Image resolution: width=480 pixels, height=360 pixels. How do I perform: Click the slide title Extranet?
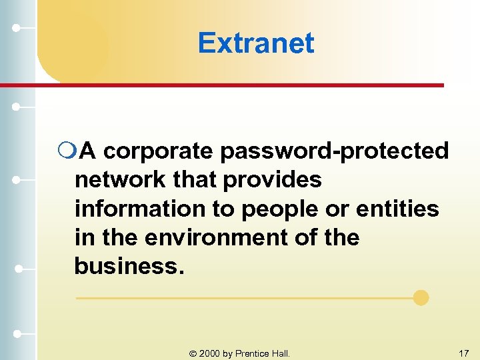[255, 43]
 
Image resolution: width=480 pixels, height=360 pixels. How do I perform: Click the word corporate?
[158, 151]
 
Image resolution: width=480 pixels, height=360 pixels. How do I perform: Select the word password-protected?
[335, 151]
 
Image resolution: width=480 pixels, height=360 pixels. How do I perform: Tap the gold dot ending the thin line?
[421, 297]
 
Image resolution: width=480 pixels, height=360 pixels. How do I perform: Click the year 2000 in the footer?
[209, 353]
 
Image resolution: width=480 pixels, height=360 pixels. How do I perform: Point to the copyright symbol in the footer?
[193, 353]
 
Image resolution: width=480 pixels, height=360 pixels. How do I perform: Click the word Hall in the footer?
[281, 353]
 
